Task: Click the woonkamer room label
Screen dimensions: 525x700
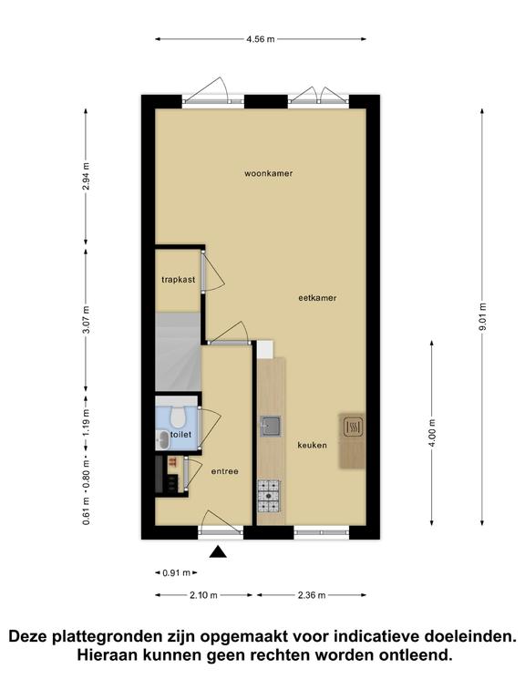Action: [268, 173]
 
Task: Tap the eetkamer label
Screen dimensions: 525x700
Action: [317, 298]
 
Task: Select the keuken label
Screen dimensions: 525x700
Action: [312, 445]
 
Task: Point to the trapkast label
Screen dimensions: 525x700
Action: [178, 280]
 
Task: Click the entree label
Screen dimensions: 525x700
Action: [224, 471]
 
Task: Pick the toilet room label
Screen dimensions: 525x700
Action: [180, 435]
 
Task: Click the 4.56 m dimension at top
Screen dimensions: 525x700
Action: [261, 39]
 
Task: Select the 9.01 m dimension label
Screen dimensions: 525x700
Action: [482, 317]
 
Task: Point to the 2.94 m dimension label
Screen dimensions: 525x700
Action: [86, 176]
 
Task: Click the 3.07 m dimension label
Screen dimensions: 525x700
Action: [87, 319]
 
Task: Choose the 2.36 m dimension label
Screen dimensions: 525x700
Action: [312, 594]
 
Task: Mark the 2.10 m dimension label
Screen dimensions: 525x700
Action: [203, 594]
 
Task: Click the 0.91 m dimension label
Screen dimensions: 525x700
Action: [176, 572]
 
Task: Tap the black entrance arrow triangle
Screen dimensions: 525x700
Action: [219, 552]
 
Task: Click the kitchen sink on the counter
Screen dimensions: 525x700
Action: [271, 426]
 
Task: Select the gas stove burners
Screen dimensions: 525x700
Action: [269, 496]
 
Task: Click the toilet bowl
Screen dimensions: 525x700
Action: [178, 417]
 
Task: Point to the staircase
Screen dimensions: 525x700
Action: [178, 353]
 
